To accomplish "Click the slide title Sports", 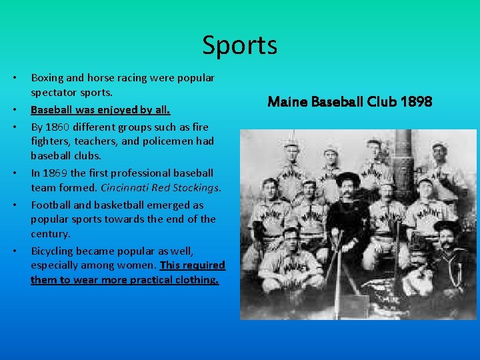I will pyautogui.click(x=240, y=45).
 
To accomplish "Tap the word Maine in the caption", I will pyautogui.click(x=286, y=102).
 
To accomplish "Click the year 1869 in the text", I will pyautogui.click(x=55, y=173).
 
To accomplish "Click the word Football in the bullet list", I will pyautogui.click(x=51, y=205).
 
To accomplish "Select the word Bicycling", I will pyautogui.click(x=53, y=251).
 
